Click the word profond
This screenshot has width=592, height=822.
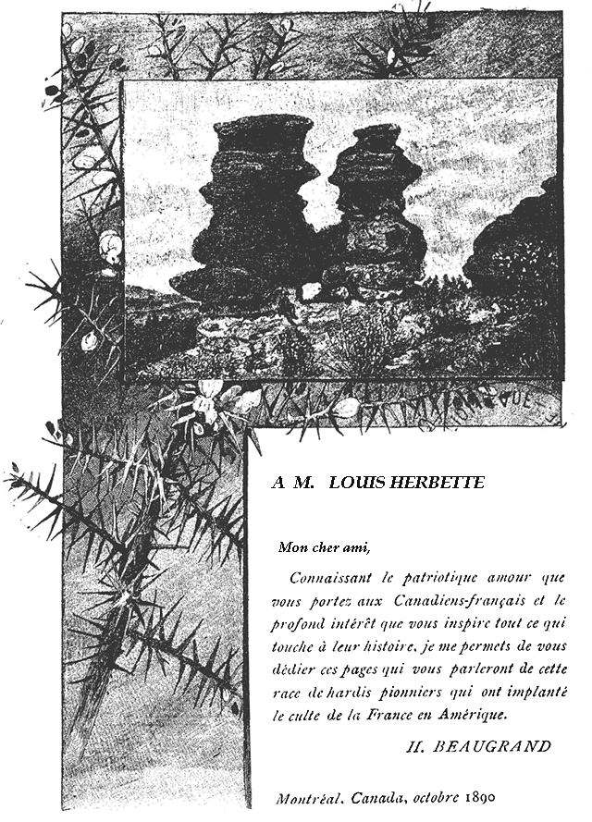click(297, 624)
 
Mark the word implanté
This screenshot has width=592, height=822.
click(539, 693)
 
